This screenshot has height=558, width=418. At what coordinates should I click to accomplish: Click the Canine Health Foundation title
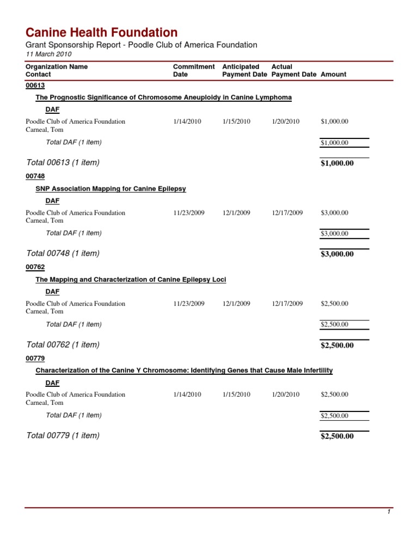coord(101,32)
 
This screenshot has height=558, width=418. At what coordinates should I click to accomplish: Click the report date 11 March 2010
coord(48,54)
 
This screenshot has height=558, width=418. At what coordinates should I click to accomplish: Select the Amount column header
coord(334,74)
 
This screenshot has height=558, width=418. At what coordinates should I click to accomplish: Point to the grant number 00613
coord(35,85)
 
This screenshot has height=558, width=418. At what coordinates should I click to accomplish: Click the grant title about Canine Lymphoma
coord(163,97)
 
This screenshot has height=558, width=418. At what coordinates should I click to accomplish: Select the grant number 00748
coord(35,176)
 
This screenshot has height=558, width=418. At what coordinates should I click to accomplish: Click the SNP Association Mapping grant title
coord(110,189)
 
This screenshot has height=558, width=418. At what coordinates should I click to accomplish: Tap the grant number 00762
coord(35,267)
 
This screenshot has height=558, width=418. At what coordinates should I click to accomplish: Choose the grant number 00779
coord(35,358)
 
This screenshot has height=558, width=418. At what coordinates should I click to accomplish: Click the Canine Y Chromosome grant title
coord(184,371)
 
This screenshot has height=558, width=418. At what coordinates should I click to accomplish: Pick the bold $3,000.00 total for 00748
coord(337,254)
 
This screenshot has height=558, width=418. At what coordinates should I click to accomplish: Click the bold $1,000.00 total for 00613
coord(337,163)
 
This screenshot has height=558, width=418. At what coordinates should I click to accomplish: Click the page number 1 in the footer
coord(389,512)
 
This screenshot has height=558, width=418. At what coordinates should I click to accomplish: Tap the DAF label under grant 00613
coord(53,110)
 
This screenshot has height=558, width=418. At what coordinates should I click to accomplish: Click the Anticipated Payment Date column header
coord(244,70)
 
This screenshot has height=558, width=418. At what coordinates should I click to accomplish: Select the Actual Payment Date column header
coord(293,70)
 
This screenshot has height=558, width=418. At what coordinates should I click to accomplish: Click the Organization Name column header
coord(57,66)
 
